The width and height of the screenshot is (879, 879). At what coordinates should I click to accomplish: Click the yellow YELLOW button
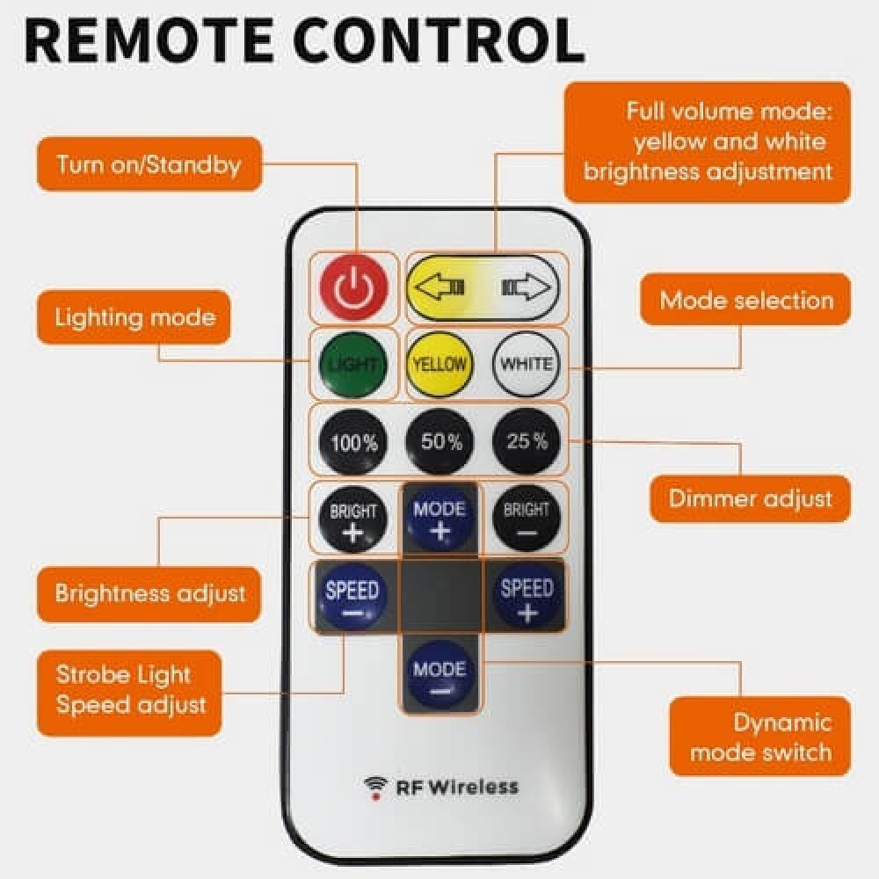pyautogui.click(x=439, y=364)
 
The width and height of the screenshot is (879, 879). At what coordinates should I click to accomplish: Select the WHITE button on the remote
pyautogui.click(x=527, y=364)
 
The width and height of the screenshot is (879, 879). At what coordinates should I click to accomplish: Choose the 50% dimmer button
pyautogui.click(x=440, y=441)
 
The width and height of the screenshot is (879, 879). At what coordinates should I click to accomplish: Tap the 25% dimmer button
pyautogui.click(x=527, y=441)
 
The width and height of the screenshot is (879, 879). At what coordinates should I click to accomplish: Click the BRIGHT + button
pyautogui.click(x=352, y=519)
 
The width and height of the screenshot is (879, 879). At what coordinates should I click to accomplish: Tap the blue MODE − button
pyautogui.click(x=440, y=678)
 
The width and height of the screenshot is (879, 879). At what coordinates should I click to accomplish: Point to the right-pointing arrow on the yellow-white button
pyautogui.click(x=525, y=287)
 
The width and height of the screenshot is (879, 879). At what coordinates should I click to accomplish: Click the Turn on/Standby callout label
pyautogui.click(x=149, y=164)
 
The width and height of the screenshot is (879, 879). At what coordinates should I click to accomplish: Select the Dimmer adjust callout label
pyautogui.click(x=750, y=498)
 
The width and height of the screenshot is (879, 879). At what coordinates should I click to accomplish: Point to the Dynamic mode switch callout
pyautogui.click(x=759, y=737)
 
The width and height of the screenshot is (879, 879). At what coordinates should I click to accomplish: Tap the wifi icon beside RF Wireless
pyautogui.click(x=376, y=786)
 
